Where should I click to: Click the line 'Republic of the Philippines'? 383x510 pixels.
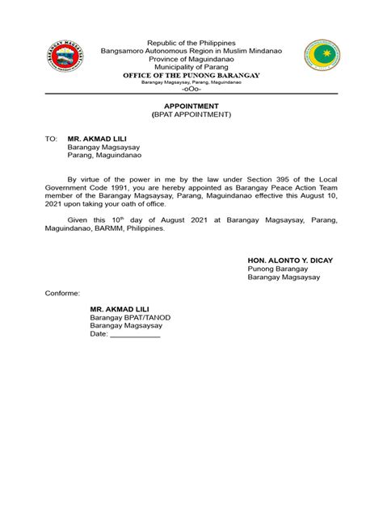click(x=191, y=42)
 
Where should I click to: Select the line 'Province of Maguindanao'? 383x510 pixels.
click(x=191, y=58)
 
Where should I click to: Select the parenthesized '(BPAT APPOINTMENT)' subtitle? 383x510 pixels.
click(x=191, y=115)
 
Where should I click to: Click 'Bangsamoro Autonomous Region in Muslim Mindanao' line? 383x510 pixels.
click(x=191, y=50)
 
